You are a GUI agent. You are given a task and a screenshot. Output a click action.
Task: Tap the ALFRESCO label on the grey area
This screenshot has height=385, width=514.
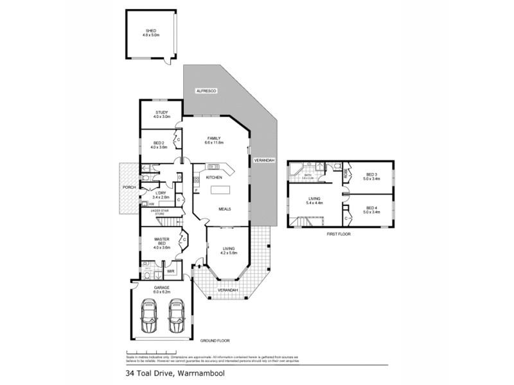207,92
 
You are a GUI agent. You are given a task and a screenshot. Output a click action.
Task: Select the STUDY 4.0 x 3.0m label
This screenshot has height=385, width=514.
161,115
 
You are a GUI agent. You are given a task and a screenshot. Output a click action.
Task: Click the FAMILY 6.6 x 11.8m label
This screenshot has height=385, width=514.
214,140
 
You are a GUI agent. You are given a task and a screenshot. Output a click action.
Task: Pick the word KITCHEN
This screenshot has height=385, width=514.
214,177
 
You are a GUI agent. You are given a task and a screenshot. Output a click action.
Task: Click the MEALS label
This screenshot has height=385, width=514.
224,209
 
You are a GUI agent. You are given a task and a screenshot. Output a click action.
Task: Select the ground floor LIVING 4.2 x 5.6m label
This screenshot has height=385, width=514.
229,250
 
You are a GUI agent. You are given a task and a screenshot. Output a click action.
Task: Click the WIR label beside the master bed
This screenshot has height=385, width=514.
172,271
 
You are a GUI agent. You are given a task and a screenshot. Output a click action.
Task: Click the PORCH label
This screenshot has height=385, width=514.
129,187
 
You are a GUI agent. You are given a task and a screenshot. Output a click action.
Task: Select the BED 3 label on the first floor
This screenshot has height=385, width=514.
372,175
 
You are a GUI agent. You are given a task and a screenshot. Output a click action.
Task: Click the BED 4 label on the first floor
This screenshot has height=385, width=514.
372,209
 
